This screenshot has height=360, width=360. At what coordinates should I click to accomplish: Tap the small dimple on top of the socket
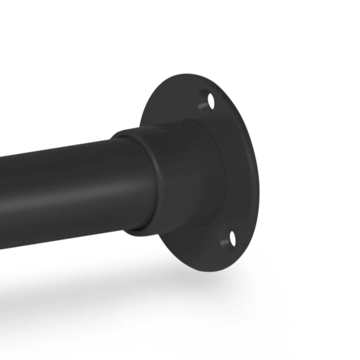(x=177, y=127)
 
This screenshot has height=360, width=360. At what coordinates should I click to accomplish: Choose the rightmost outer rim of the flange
(x=259, y=173)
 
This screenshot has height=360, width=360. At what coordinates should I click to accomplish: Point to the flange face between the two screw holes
(x=239, y=170)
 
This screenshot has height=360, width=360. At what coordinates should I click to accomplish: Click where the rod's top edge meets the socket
(x=116, y=137)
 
